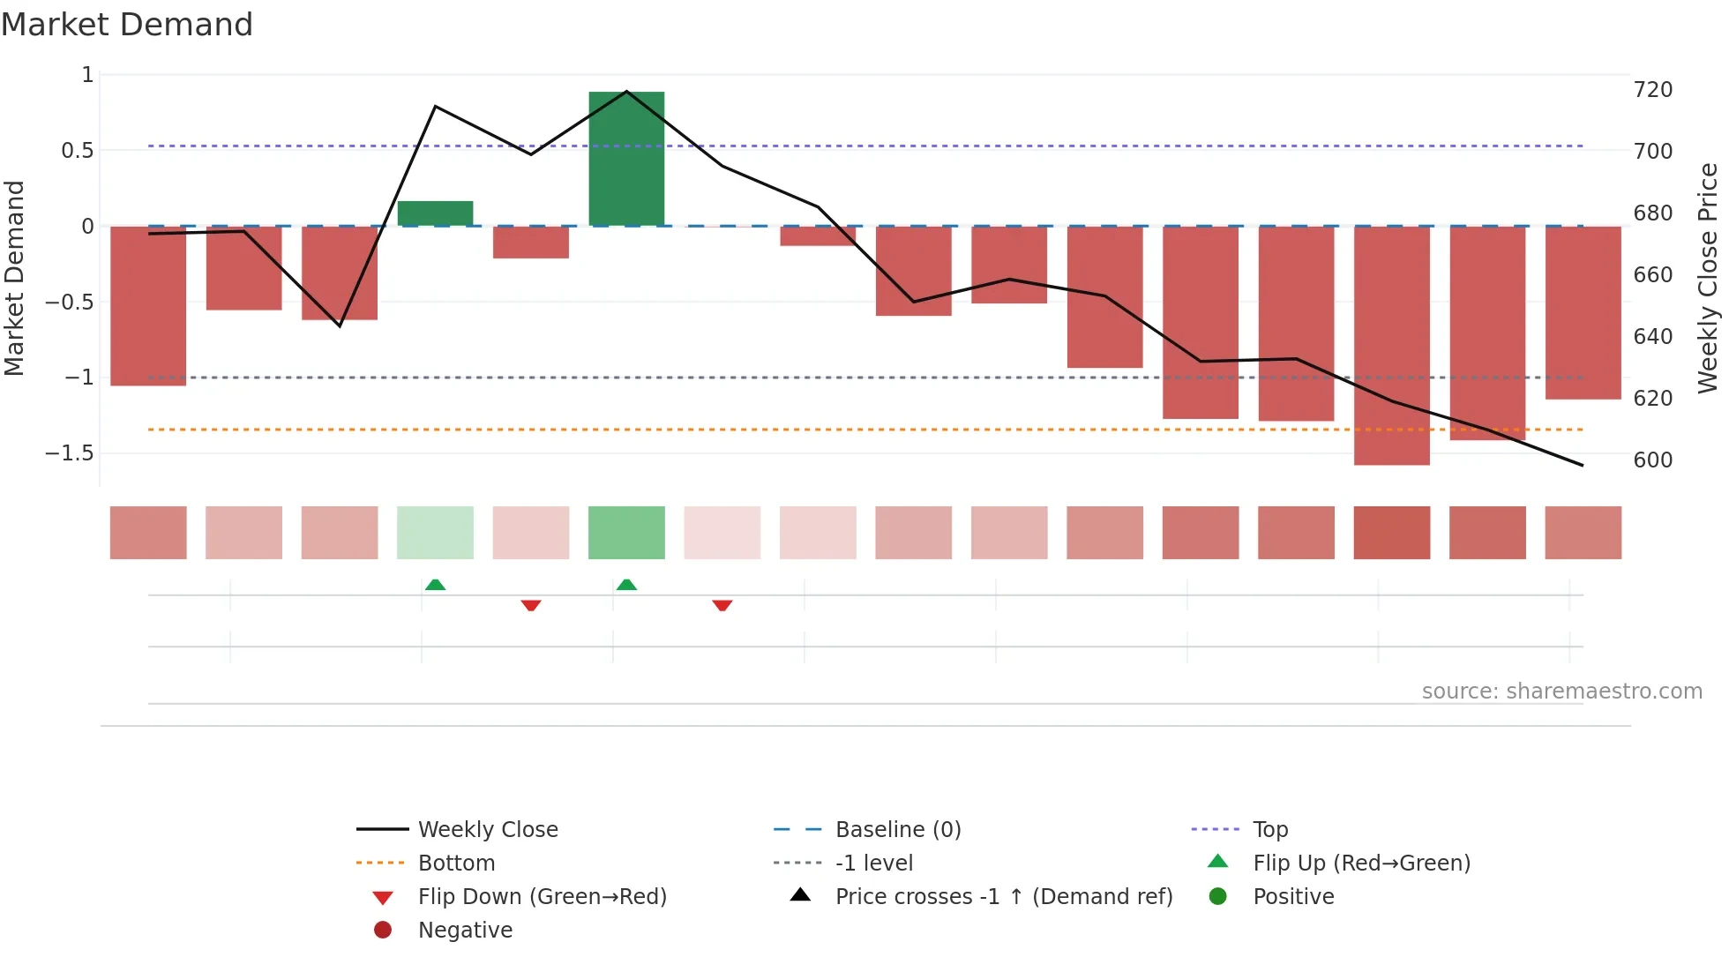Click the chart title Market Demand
tap(127, 25)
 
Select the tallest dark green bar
tap(626, 159)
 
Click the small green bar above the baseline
tap(435, 213)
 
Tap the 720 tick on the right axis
tap(1652, 90)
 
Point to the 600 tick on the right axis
tap(1652, 460)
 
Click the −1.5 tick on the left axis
tap(70, 453)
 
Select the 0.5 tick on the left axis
tap(77, 151)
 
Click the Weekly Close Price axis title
tap(1708, 278)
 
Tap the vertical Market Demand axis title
tap(15, 278)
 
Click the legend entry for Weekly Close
tap(487, 830)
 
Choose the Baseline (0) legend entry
tap(897, 830)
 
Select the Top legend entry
tap(1270, 830)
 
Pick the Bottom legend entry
tap(456, 864)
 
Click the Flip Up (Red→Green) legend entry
tap(1361, 864)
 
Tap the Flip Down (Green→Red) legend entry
tap(542, 897)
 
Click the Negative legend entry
tap(465, 931)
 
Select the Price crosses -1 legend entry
tap(1003, 897)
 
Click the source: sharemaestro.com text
tap(1561, 692)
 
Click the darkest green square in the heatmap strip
tap(626, 533)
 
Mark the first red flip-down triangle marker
tap(531, 605)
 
